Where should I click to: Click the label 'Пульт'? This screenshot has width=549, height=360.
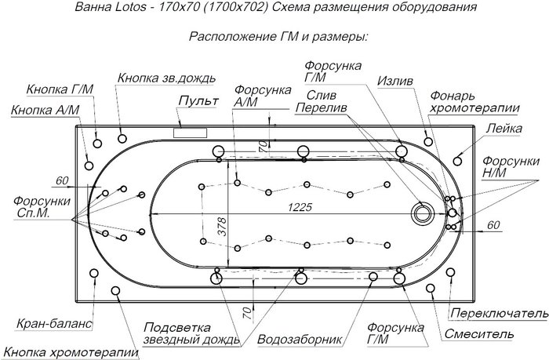pyautogui.click(x=198, y=101)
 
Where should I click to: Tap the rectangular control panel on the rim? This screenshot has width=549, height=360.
pyautogui.click(x=190, y=133)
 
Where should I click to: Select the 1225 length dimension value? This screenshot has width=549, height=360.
pyautogui.click(x=300, y=207)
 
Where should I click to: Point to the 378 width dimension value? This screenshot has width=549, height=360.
pyautogui.click(x=223, y=226)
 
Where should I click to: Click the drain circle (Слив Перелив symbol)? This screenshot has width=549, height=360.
pyautogui.click(x=423, y=213)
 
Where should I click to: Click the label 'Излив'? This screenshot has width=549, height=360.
pyautogui.click(x=395, y=81)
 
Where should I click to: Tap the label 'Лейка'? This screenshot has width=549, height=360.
pyautogui.click(x=504, y=129)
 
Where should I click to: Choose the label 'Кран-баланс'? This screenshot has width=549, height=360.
pyautogui.click(x=54, y=323)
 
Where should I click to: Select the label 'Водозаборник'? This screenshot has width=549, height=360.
pyautogui.click(x=300, y=339)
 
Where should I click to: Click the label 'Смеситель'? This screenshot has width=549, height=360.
pyautogui.click(x=478, y=334)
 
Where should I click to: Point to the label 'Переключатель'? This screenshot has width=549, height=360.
pyautogui.click(x=499, y=313)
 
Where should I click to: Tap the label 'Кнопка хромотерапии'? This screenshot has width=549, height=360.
pyautogui.click(x=72, y=352)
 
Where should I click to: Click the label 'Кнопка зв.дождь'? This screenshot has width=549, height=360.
pyautogui.click(x=166, y=78)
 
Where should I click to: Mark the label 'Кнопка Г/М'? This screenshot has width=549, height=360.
pyautogui.click(x=60, y=89)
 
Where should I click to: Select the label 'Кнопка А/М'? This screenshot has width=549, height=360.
pyautogui.click(x=45, y=110)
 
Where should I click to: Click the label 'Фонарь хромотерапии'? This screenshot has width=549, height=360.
pyautogui.click(x=474, y=102)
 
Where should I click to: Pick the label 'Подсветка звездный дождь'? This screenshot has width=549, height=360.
pyautogui.click(x=192, y=333)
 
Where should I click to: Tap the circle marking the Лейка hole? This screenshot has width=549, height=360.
pyautogui.click(x=457, y=161)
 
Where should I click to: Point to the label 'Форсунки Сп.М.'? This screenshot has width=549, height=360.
pyautogui.click(x=42, y=207)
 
